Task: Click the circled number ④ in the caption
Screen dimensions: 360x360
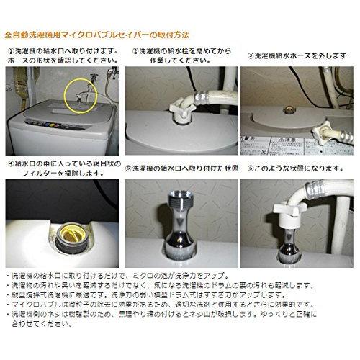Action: coord(12,163)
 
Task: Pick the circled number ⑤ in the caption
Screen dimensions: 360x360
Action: coord(126,168)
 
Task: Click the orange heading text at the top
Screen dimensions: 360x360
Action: coord(98,34)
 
